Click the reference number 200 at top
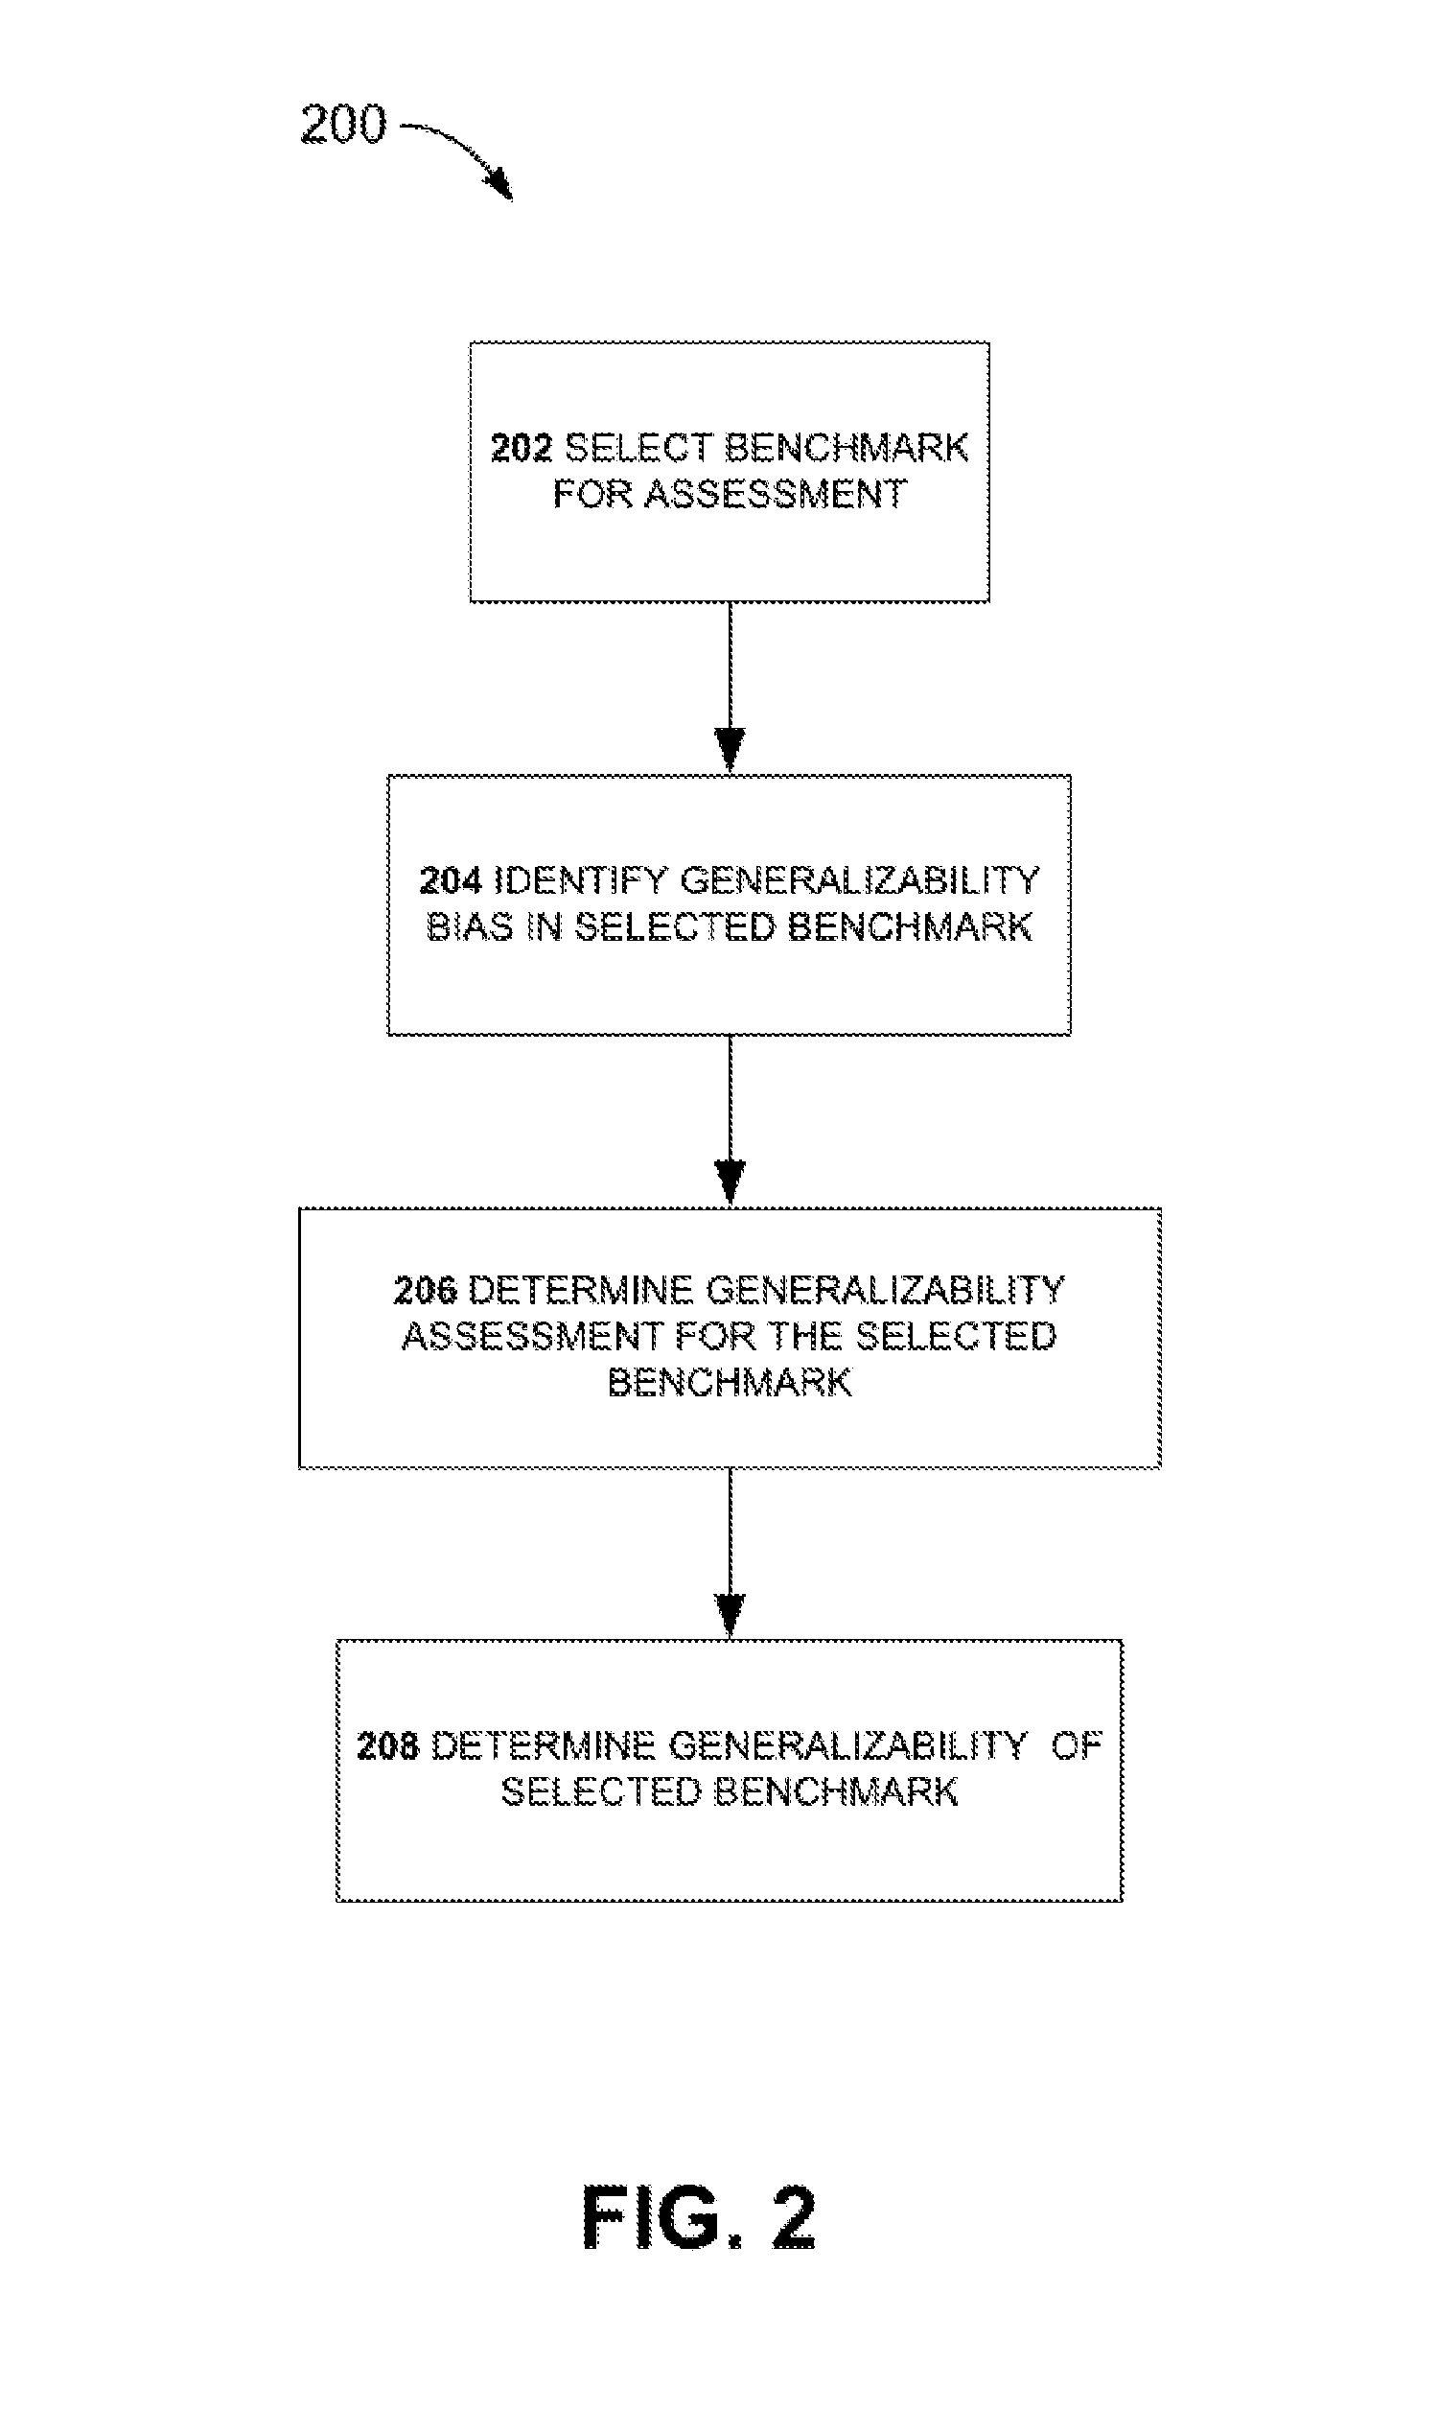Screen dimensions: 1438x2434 tap(343, 124)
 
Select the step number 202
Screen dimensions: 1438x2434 tap(522, 448)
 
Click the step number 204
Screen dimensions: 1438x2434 tap(451, 880)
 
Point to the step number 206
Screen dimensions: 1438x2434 tap(426, 1290)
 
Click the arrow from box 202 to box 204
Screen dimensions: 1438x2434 tap(730, 688)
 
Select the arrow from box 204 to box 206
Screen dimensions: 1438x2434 tap(730, 1120)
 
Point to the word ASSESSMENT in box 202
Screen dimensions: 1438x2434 tap(776, 494)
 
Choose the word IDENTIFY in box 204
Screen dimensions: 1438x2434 tap(580, 880)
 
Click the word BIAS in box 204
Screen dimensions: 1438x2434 tap(470, 927)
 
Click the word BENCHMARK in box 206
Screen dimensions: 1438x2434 tap(730, 1383)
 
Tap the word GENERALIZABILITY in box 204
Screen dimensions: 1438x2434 tap(861, 880)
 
